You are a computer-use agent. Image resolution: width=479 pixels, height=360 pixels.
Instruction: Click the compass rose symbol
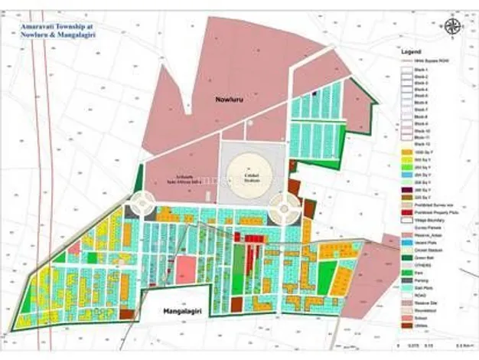(453, 28)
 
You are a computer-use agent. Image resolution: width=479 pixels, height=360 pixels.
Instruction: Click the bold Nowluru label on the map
(229, 100)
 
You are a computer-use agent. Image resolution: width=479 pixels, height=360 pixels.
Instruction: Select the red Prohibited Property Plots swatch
(406, 212)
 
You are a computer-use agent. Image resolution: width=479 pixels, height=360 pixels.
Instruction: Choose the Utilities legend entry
(420, 325)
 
